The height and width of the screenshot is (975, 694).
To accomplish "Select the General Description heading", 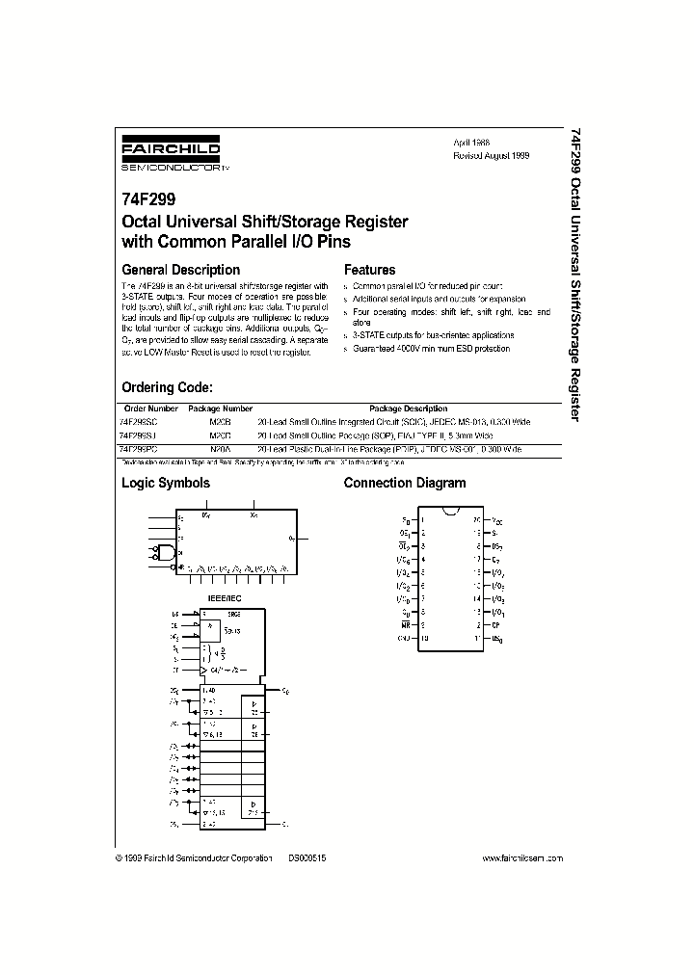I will tap(180, 270).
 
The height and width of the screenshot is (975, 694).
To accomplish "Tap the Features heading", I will tap(369, 270).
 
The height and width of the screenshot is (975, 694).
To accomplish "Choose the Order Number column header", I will tap(149, 408).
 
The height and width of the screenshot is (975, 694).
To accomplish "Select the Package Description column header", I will tap(408, 408).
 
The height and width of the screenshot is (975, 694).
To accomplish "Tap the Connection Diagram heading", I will tap(405, 483).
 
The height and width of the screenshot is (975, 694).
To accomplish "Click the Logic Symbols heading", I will tap(165, 483).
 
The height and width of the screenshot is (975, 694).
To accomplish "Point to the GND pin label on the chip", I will tap(404, 638).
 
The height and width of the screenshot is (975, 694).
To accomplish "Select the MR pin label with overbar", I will tap(405, 624).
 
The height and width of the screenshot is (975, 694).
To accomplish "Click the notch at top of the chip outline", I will tap(449, 510).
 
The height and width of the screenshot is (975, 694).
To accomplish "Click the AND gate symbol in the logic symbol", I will tap(167, 553).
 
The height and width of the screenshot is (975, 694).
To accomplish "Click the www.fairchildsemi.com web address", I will tap(521, 857).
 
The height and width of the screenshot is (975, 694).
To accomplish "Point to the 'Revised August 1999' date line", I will tap(492, 154).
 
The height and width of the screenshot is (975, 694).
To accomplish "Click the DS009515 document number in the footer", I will tap(307, 857).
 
